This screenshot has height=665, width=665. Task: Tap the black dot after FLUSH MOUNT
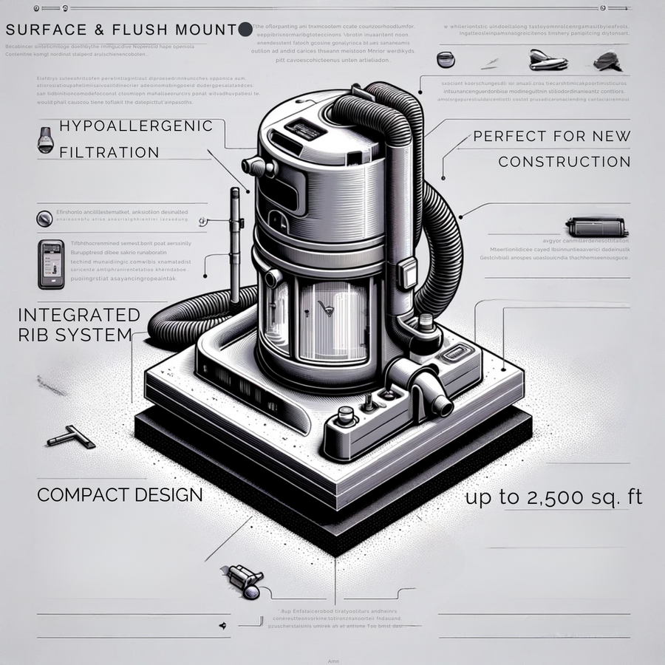[x=245, y=30]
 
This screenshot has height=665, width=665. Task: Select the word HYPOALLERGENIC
[x=135, y=126]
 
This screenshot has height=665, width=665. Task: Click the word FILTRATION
[x=109, y=153]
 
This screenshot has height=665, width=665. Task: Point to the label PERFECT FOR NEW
[x=551, y=136]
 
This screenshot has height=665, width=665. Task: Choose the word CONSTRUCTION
[x=564, y=162]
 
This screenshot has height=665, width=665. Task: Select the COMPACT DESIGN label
[x=120, y=494]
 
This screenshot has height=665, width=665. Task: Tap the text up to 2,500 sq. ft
[x=553, y=497]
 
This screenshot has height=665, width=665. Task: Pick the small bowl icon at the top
[x=446, y=58]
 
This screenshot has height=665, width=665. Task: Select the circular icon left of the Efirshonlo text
[x=44, y=218]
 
